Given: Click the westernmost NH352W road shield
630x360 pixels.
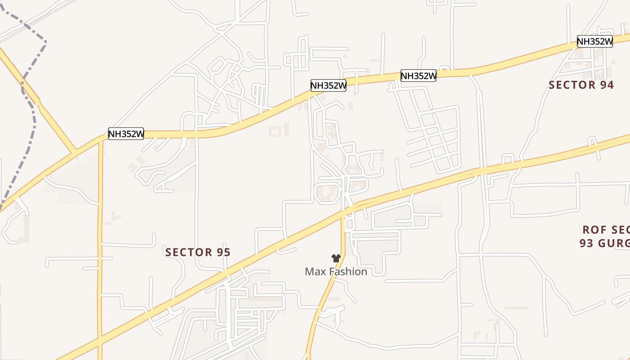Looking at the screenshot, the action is tap(126, 134).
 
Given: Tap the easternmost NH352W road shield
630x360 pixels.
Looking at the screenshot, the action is tap(595, 41).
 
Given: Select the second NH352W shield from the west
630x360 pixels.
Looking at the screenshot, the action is tap(328, 85).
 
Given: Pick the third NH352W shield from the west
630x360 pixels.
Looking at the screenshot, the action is tap(418, 76).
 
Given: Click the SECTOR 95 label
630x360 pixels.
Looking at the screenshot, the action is tap(198, 252).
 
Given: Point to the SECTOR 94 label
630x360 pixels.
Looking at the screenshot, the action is tap(581, 85).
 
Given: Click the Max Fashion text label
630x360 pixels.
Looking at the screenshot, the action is tap(336, 271).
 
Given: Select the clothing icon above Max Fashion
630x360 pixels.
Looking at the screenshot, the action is tap(336, 258).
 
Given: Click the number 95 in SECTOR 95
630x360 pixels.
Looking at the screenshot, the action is tap(223, 252).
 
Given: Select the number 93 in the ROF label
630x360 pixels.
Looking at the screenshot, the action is tap(587, 243).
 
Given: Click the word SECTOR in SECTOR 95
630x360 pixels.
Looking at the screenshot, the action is tap(188, 252).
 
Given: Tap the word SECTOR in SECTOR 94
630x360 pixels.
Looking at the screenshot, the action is tap(571, 85).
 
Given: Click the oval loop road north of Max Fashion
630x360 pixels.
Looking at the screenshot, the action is tap(327, 193).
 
